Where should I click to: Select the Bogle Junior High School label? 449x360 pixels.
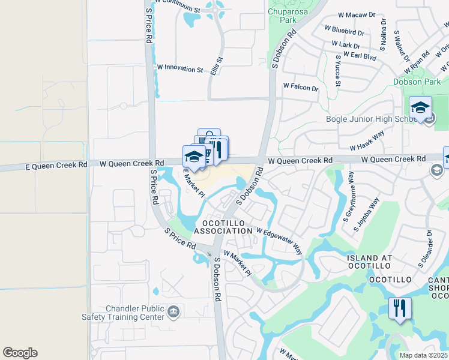tap(372, 119)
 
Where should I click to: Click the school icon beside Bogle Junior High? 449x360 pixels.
tap(421, 108)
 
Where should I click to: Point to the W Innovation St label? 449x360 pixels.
tap(179, 70)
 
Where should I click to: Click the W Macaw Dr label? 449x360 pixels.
tap(355, 14)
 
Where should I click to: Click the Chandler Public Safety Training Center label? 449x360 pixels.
tap(134, 313)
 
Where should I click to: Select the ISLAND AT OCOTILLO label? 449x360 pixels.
tap(369, 263)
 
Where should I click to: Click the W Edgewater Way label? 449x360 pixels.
tap(280, 239)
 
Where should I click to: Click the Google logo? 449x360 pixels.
tap(20, 353)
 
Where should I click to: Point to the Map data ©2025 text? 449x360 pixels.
tap(423, 355)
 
